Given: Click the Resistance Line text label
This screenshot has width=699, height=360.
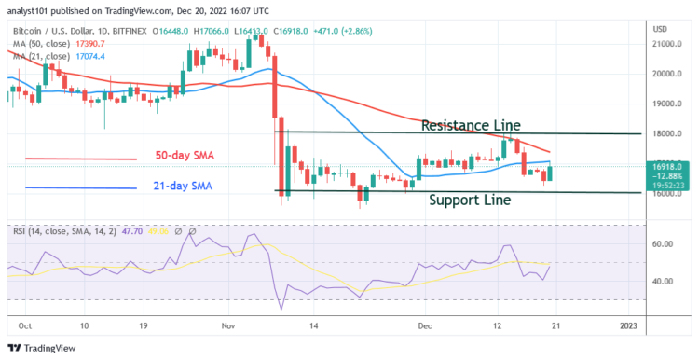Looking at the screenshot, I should [x=471, y=125].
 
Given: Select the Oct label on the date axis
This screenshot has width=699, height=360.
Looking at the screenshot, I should [x=26, y=327].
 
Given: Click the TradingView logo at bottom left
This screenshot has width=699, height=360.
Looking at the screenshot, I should [x=41, y=347].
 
